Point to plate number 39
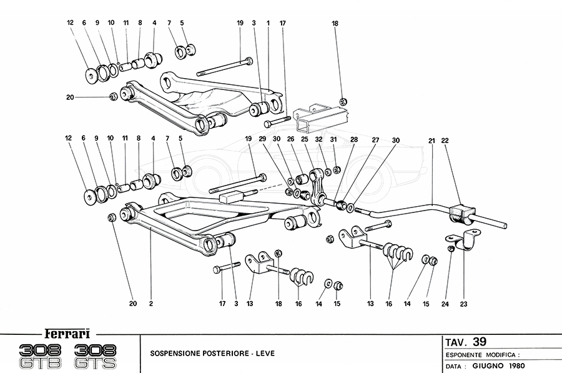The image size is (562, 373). click(479, 341)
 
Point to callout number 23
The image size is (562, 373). click(464, 304)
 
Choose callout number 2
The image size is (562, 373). click(151, 304)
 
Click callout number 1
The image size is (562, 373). click(268, 23)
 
